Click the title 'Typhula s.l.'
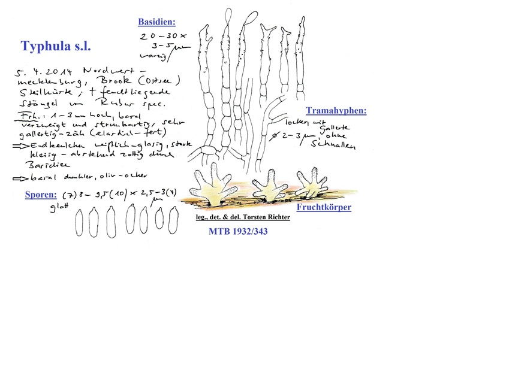[x=56, y=46]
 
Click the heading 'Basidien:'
[x=156, y=22]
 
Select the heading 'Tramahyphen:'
[x=336, y=111]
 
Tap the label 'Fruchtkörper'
[x=324, y=207]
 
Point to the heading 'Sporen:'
[x=41, y=195]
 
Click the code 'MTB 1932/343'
[x=238, y=231]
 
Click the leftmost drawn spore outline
[x=79, y=224]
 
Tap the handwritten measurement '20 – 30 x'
[x=156, y=36]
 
